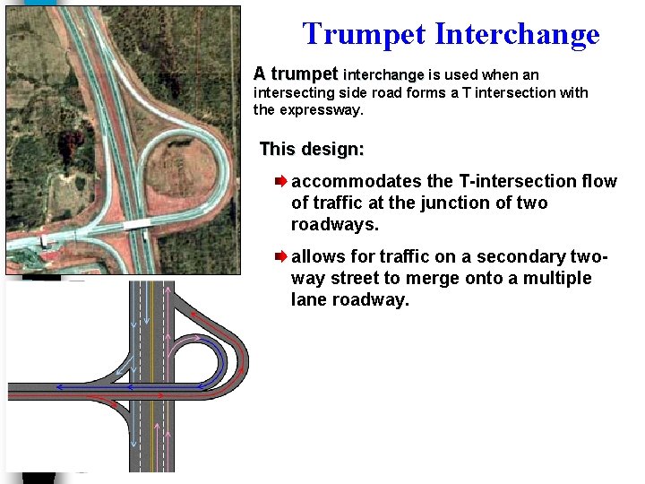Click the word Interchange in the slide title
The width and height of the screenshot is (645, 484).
516,34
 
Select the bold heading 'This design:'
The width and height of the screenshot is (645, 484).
311,148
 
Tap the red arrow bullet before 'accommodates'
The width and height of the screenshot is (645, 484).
280,182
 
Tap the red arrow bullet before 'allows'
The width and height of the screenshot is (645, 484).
280,257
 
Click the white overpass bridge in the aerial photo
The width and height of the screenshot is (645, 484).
136,225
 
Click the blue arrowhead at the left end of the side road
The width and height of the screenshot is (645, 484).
58,387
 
